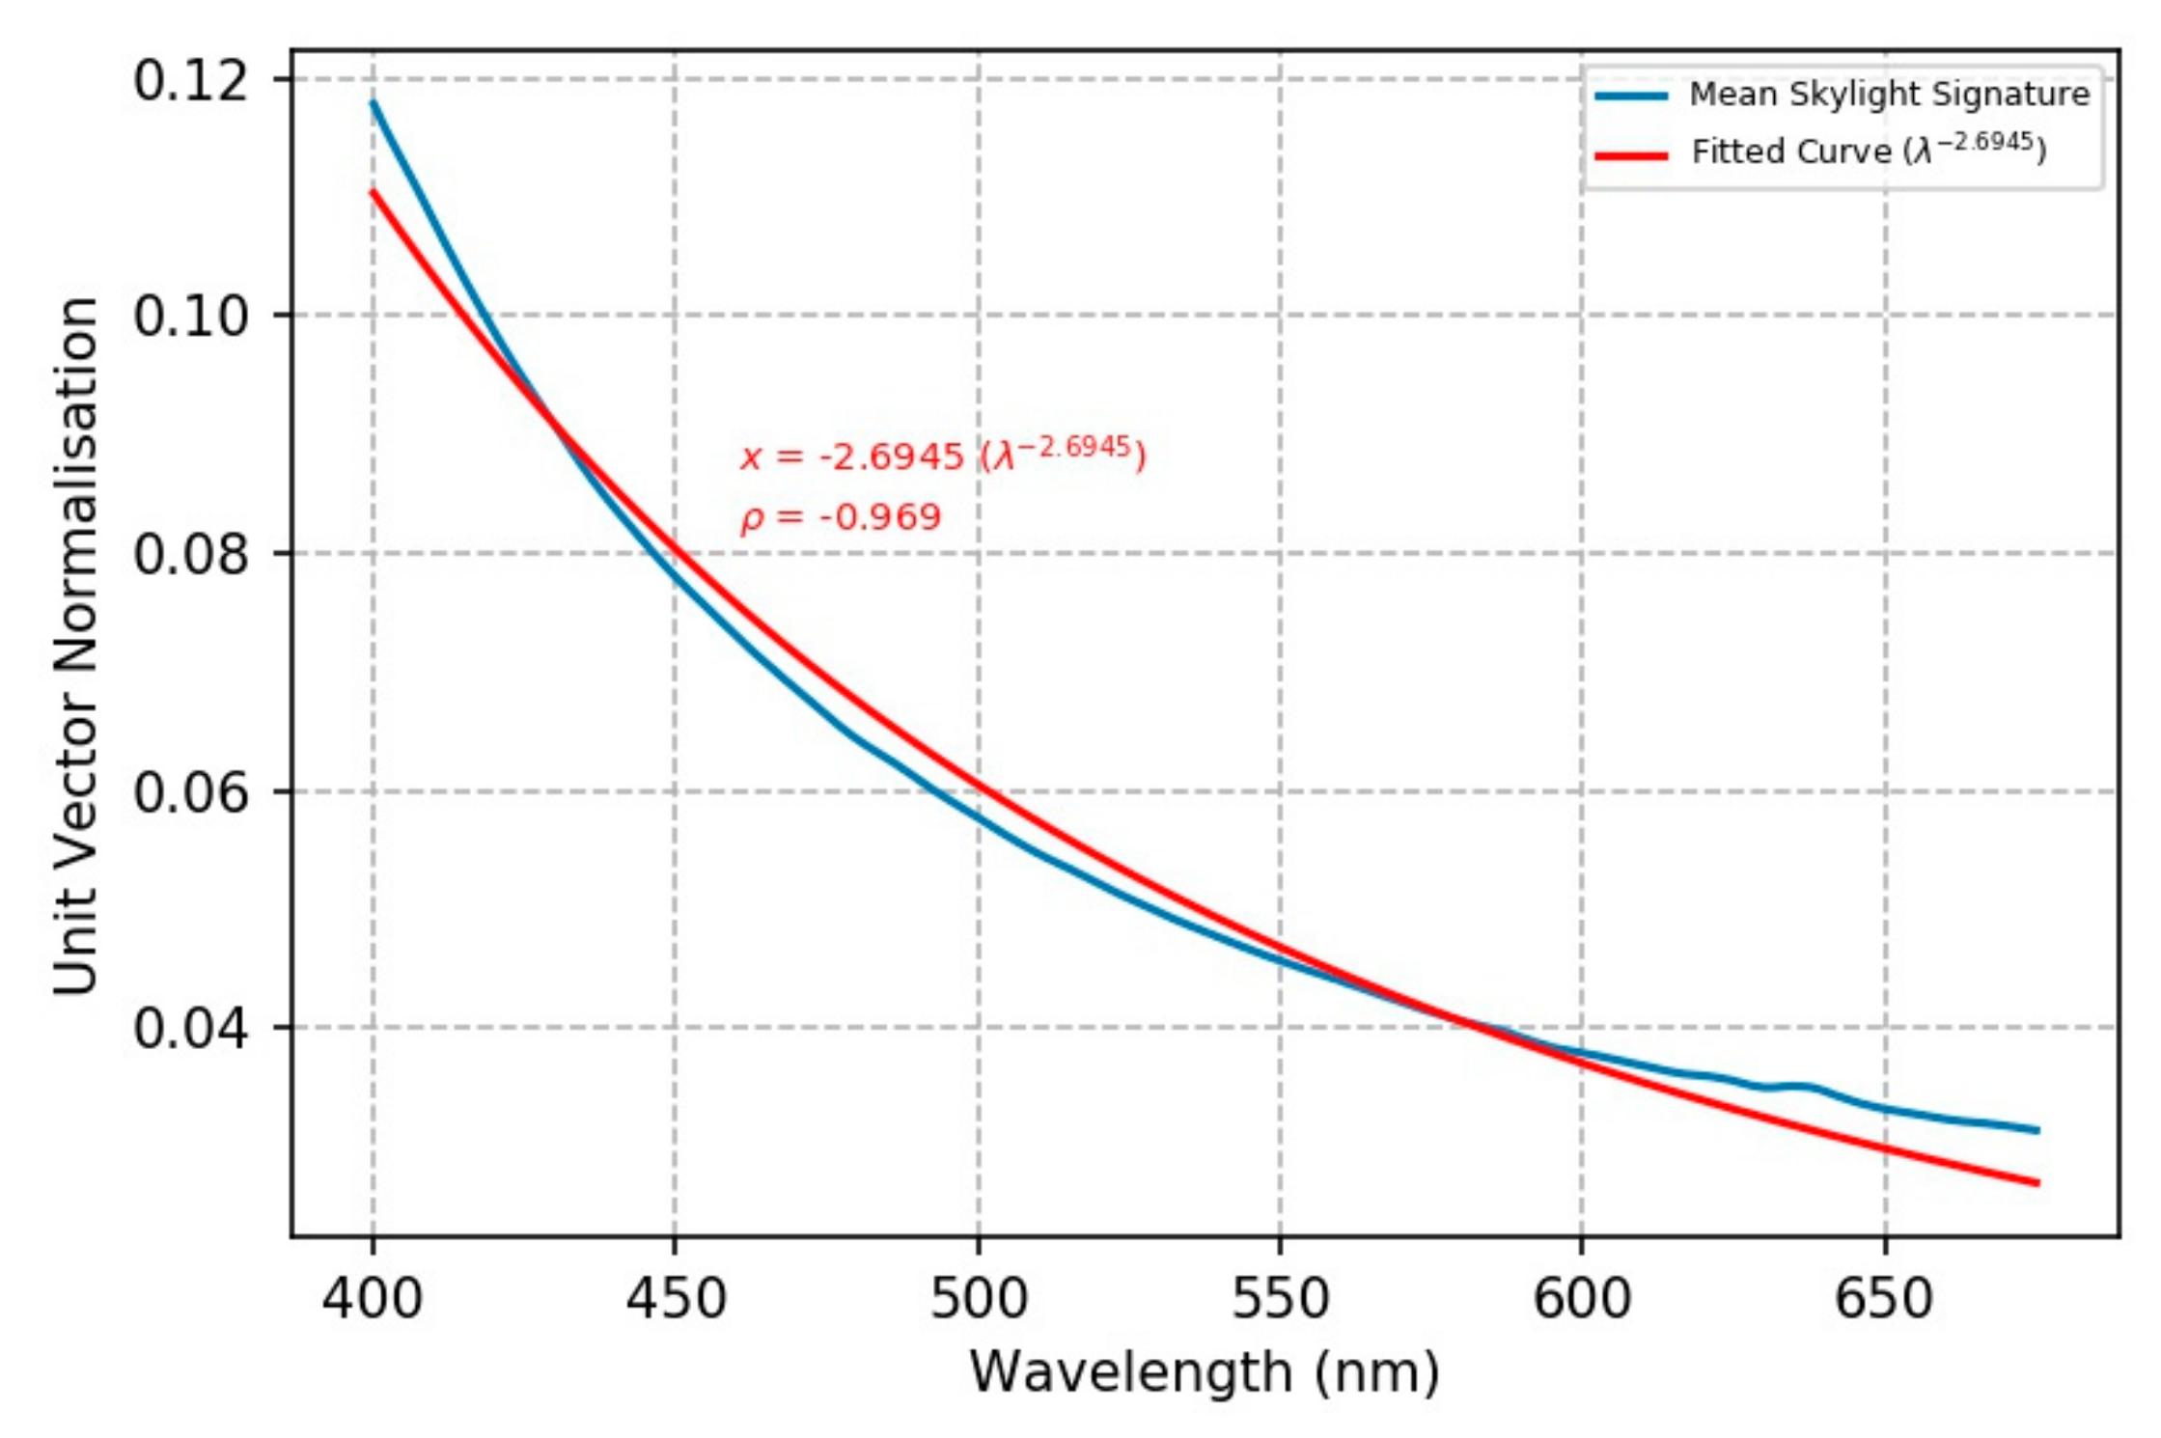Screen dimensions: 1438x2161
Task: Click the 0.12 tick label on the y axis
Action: tap(190, 80)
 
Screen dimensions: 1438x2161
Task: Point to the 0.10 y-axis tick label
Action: tap(190, 316)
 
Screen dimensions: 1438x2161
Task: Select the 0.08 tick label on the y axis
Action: tap(190, 554)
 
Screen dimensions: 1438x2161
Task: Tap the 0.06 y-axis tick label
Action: tap(190, 792)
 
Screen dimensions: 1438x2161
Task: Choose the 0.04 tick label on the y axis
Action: tap(190, 1029)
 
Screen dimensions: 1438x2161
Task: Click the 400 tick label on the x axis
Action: tap(373, 1298)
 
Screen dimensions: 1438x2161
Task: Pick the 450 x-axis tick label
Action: tap(676, 1298)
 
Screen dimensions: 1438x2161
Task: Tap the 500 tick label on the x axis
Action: tap(979, 1298)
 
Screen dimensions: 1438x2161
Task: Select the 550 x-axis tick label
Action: tap(1281, 1298)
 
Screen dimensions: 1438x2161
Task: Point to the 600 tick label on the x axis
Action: tap(1583, 1298)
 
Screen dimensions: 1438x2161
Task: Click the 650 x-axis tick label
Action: tap(1885, 1298)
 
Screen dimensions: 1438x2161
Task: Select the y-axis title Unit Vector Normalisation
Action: tap(76, 645)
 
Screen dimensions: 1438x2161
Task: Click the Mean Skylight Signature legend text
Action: tap(1889, 95)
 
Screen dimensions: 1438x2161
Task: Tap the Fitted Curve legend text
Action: tap(1869, 151)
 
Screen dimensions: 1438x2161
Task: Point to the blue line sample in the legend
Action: tap(1631, 96)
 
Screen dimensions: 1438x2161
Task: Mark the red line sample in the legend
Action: tap(1631, 154)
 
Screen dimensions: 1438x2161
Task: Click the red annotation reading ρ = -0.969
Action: tap(841, 518)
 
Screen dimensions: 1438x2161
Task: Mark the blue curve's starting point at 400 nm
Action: tap(374, 101)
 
